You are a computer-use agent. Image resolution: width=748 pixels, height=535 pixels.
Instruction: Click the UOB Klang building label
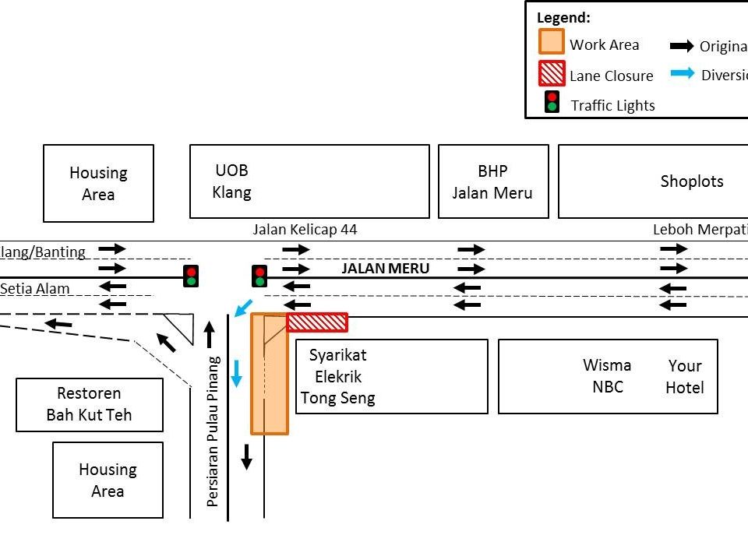232,181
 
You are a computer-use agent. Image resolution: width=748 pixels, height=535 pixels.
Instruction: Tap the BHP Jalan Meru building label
492,181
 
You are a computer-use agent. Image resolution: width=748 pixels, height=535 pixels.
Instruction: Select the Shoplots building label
692,181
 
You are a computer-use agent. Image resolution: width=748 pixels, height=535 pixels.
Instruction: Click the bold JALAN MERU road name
386,269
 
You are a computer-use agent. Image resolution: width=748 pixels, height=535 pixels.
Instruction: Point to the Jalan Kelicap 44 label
305,230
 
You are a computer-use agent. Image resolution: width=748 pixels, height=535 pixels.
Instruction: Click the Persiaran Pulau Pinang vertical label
213,431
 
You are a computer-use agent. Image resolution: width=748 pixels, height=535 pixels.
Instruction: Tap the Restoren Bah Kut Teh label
89,404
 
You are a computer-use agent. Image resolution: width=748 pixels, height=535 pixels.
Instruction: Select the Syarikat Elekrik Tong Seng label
338,377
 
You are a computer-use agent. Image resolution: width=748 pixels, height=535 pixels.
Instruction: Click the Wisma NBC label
607,375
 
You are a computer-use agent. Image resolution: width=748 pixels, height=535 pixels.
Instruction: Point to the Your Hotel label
685,376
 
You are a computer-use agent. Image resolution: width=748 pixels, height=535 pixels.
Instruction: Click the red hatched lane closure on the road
317,322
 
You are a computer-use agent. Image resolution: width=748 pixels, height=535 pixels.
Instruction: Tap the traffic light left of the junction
191,276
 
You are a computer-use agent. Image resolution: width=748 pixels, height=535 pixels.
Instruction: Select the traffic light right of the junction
259,276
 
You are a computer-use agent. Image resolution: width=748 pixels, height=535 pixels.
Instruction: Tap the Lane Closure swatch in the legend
552,74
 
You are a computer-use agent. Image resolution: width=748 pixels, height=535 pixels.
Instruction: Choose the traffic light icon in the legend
552,102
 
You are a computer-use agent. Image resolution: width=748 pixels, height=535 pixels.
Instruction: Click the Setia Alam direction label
35,289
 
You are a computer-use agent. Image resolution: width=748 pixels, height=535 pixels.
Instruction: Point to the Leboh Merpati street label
700,230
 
